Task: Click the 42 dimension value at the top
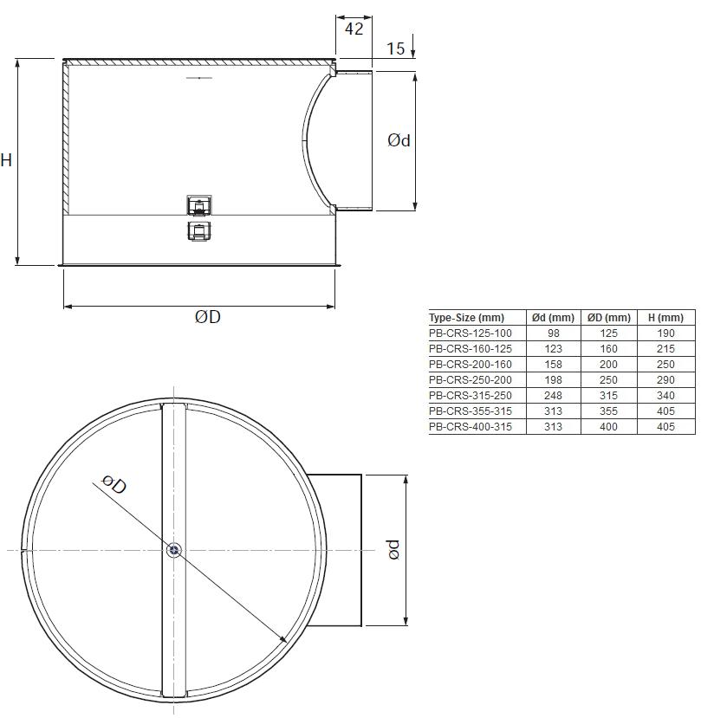(x=354, y=29)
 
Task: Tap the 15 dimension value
(x=395, y=49)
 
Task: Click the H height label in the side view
(x=6, y=160)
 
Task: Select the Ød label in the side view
(x=399, y=140)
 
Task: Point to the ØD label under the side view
(x=208, y=316)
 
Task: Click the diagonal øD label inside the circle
(x=114, y=484)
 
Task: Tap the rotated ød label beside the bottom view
(x=393, y=549)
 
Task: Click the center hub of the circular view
(x=174, y=550)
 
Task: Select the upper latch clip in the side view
(x=199, y=205)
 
